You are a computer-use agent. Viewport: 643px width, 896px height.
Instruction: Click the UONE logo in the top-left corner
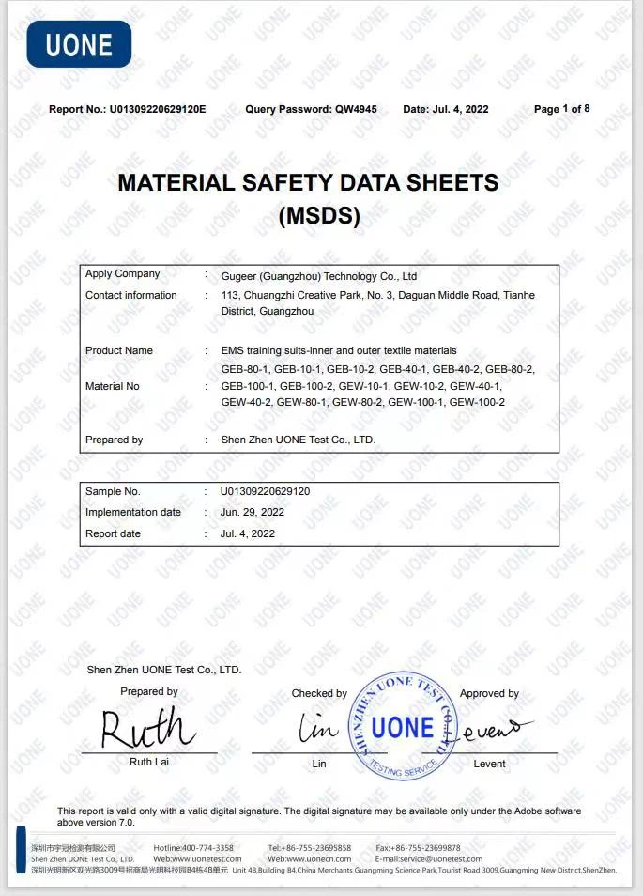click(x=79, y=44)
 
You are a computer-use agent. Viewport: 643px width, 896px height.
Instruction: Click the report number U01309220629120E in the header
click(x=158, y=109)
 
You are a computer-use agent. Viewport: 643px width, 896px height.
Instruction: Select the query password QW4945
click(x=356, y=109)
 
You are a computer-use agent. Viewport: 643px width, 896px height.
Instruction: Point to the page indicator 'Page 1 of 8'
click(x=561, y=109)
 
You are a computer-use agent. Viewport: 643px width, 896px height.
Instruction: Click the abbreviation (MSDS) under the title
click(x=319, y=216)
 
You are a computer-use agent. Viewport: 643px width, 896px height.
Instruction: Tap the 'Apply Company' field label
click(x=122, y=274)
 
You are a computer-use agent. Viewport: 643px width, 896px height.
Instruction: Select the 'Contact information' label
click(x=130, y=295)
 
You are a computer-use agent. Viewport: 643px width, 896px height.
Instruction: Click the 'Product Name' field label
click(x=118, y=350)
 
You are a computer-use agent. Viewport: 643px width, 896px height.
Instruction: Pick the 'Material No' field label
click(x=112, y=386)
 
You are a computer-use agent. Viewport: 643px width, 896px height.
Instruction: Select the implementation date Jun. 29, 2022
click(x=252, y=513)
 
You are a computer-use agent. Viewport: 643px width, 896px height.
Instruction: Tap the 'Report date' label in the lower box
click(x=113, y=533)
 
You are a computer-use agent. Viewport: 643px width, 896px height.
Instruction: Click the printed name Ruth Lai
click(x=148, y=762)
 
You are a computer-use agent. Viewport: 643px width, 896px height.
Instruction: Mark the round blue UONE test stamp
click(x=403, y=727)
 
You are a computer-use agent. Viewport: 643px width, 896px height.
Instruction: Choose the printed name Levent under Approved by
click(x=489, y=764)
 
